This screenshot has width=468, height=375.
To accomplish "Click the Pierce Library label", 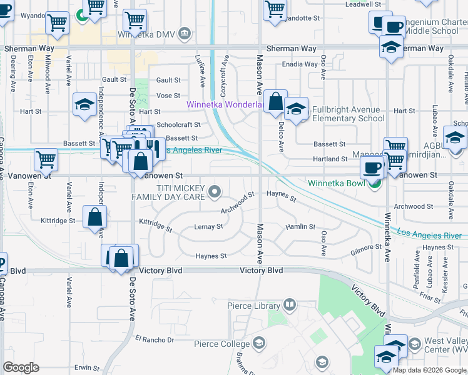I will point(254,306).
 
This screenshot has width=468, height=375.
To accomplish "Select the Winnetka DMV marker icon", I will point(185,32).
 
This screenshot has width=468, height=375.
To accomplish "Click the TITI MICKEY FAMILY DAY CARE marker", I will point(215,191).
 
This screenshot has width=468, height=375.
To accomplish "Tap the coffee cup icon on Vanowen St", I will point(373,167).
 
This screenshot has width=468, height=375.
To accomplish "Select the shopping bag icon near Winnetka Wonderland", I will point(275,101).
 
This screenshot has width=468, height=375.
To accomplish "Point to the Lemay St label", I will point(208,226).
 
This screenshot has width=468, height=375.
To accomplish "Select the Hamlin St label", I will point(300,226).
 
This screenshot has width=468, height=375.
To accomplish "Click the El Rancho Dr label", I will point(154,339).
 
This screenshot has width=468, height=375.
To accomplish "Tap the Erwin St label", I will point(87,368).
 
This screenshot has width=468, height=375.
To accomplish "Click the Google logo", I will point(21,367).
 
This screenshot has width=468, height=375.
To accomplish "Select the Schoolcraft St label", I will point(178,125).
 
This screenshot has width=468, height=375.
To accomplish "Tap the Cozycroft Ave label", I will point(225,74).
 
